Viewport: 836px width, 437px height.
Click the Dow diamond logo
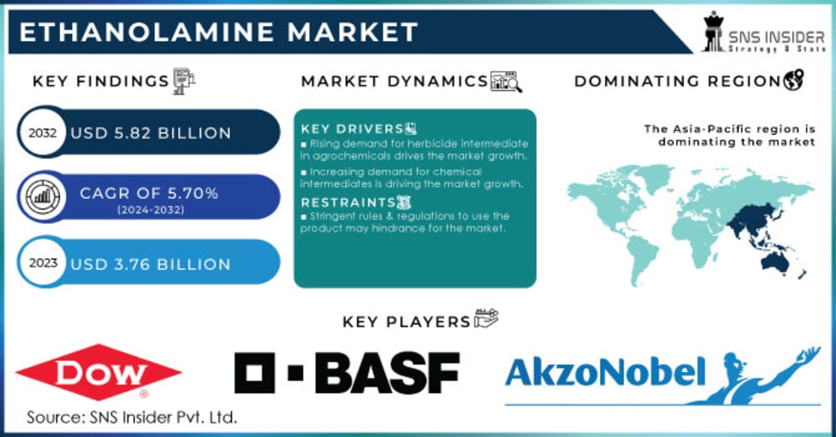coord(99,372)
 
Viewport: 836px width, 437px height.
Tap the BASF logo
coord(347,373)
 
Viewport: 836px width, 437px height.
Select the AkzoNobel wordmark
coord(605,372)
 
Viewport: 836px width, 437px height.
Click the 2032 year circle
coord(41,132)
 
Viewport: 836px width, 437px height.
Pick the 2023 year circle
coord(41,264)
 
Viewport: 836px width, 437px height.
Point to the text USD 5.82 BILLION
coord(151,133)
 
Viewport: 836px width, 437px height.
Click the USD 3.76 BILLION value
coord(151,265)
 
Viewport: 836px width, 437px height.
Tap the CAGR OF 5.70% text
coord(149,194)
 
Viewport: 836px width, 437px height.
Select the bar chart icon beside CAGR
coord(41,196)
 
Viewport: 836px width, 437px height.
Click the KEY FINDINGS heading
coord(100,81)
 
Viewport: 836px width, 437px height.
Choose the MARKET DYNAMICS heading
coord(394,81)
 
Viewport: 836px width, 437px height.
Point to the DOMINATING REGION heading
coord(678,81)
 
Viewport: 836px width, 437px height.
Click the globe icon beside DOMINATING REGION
coord(794,80)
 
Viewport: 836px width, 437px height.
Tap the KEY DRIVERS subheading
coord(352,129)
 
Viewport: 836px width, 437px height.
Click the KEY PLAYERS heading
coord(407,321)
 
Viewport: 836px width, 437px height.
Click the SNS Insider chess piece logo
coord(714,33)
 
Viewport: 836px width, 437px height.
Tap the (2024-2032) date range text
coord(149,209)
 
